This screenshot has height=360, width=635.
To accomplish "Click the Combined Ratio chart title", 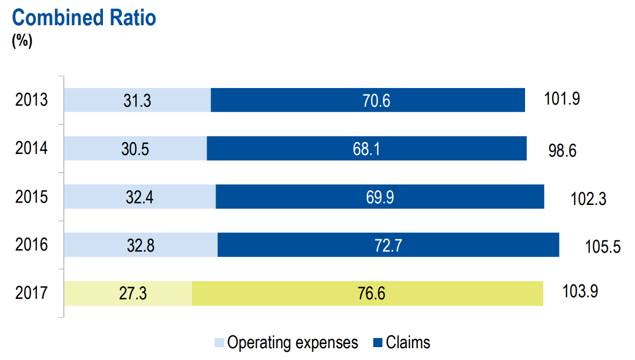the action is pos(84,18).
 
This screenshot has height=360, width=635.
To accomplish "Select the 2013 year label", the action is pos(32,100).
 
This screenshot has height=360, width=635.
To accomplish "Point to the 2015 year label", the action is pos(32,197).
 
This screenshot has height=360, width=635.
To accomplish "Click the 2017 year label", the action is pos(32,293).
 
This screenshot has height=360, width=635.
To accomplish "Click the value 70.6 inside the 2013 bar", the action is pos(368,101).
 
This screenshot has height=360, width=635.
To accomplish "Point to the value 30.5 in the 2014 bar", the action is pos(135,149).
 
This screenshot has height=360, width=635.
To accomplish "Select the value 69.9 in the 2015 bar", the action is pos(380,197).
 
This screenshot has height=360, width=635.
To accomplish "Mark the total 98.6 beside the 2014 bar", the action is pos(562,150).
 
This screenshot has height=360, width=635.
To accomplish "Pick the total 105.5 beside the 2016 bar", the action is pos(603,247).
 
